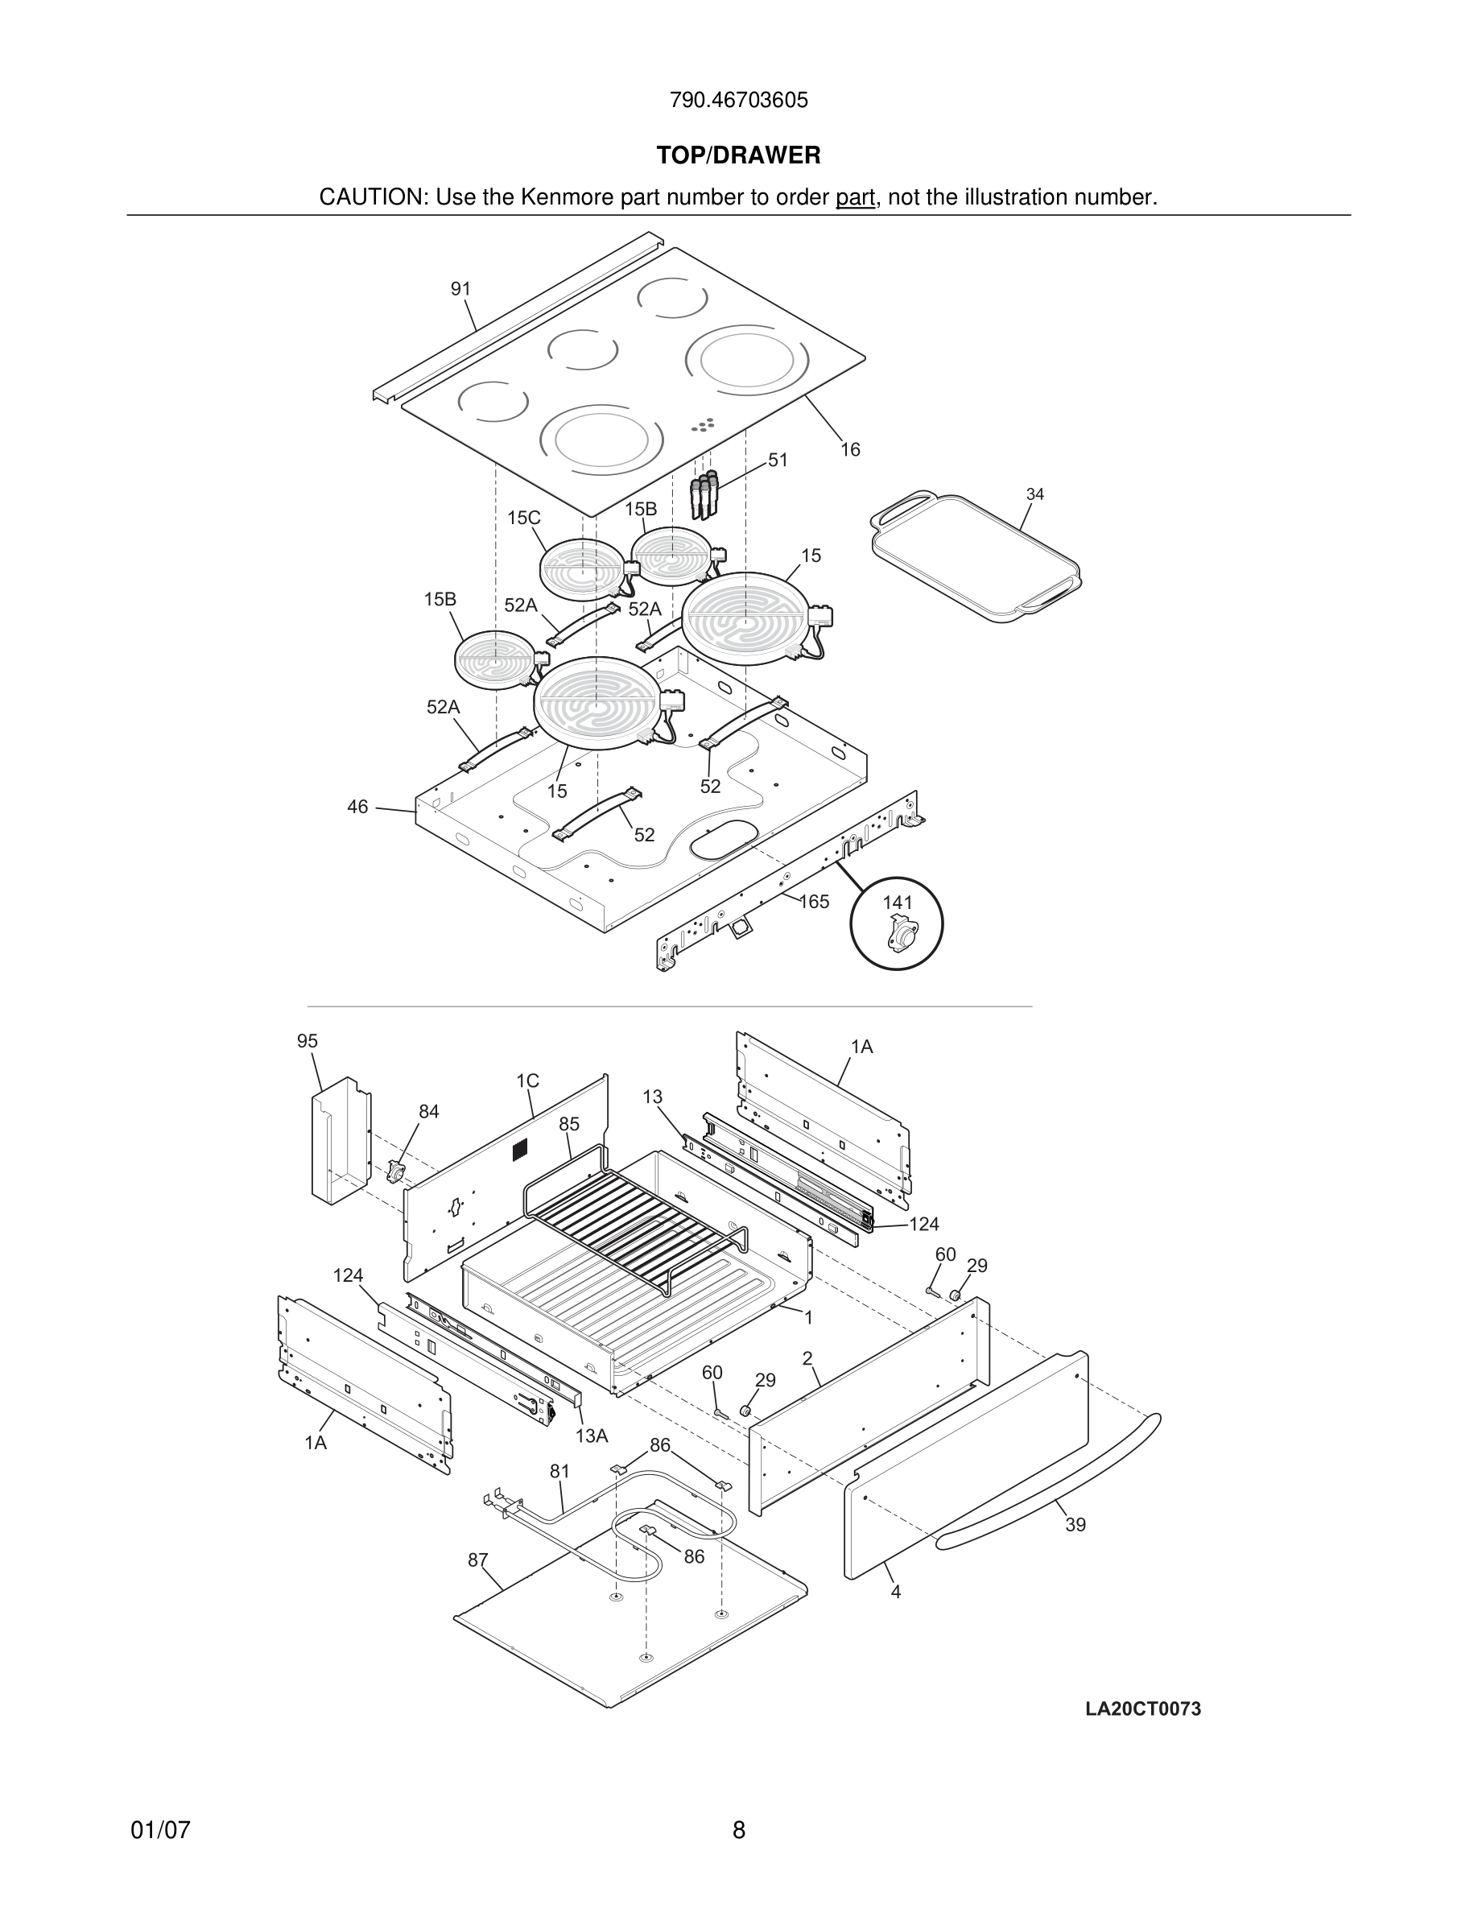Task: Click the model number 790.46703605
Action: pyautogui.click(x=738, y=101)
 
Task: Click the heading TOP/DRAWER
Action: pyautogui.click(x=738, y=156)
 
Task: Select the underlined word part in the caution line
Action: pyautogui.click(x=855, y=198)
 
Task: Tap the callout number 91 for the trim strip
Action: pyautogui.click(x=460, y=289)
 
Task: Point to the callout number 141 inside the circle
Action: pyautogui.click(x=897, y=903)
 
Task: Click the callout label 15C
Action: pyautogui.click(x=523, y=518)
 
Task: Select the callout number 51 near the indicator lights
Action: pyautogui.click(x=778, y=460)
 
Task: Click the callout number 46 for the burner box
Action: pyautogui.click(x=357, y=807)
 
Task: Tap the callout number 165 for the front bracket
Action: pyautogui.click(x=815, y=901)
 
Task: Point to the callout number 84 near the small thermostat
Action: pyautogui.click(x=428, y=1112)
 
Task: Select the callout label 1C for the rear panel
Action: pyautogui.click(x=527, y=1080)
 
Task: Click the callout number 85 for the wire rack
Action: pyautogui.click(x=569, y=1124)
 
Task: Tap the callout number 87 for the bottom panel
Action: pyautogui.click(x=477, y=1560)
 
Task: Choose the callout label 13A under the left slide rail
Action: pyautogui.click(x=591, y=1436)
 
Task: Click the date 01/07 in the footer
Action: pyautogui.click(x=160, y=1830)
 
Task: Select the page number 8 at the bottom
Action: pyautogui.click(x=738, y=1830)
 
